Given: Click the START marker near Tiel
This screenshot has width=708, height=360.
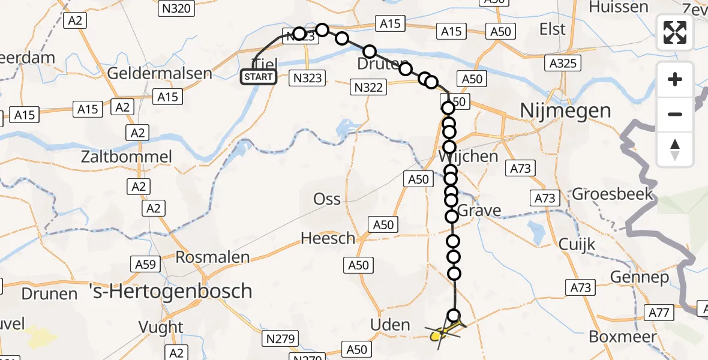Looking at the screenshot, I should [x=259, y=76].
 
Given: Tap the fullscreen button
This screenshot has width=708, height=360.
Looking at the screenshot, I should [x=675, y=32].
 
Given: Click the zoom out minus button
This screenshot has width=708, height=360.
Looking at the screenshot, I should [x=675, y=114].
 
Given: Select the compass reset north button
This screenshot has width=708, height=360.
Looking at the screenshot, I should [x=675, y=149].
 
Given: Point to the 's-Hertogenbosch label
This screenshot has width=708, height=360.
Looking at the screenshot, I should [x=170, y=292].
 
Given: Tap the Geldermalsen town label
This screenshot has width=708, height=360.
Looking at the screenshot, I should [x=160, y=74].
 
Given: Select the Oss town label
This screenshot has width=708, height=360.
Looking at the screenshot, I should [x=327, y=199].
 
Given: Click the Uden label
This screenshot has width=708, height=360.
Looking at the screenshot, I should [x=390, y=325].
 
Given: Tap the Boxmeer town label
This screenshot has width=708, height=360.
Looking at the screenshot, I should [x=623, y=337].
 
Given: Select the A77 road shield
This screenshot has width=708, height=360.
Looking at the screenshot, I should [x=659, y=312].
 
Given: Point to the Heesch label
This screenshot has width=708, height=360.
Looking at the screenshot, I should [x=328, y=238].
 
